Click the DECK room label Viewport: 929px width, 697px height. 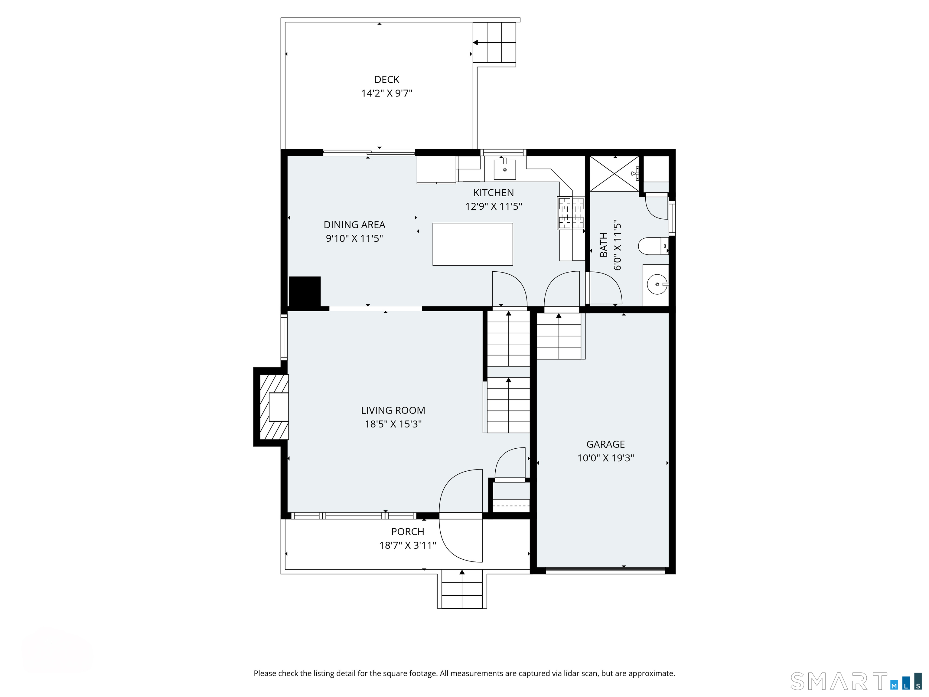coord(387,79)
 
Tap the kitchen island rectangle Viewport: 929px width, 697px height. coord(472,244)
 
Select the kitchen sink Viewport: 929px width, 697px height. coord(504,169)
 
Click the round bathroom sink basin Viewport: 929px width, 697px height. coord(657,284)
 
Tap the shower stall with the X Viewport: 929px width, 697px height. coord(614,174)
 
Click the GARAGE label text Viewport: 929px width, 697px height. coord(606,444)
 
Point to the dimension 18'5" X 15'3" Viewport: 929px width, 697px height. coord(393,424)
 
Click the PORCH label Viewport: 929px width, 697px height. coord(408,532)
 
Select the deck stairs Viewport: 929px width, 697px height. coord(494,42)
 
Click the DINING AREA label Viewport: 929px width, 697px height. coord(354,225)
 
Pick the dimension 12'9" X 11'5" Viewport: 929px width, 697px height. coord(494,206)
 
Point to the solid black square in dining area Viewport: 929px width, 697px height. coord(305,292)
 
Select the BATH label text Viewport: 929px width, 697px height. coord(604,245)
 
